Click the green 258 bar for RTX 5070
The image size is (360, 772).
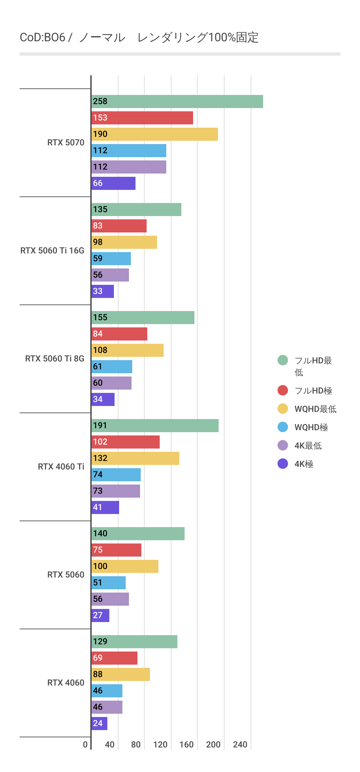[x=177, y=101]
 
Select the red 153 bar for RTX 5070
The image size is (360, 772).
[x=142, y=118]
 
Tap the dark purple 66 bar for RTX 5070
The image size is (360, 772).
[x=113, y=183]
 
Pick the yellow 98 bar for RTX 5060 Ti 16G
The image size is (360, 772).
[x=124, y=242]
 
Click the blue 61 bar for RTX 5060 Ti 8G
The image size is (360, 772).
[x=112, y=367]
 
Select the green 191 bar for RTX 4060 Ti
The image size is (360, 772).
[x=155, y=426]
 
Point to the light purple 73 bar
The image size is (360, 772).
[x=116, y=491]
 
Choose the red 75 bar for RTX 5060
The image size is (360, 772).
[x=116, y=550]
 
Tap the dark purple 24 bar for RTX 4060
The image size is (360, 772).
[x=99, y=724]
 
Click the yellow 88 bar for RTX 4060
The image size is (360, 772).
[x=120, y=674]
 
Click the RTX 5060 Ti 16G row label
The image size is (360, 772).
[x=52, y=250]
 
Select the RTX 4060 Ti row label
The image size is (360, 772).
[x=61, y=467]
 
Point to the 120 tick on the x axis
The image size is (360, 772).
[x=160, y=744]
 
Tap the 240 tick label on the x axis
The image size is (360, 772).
[x=240, y=744]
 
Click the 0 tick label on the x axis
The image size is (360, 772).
[x=85, y=744]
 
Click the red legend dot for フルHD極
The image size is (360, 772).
[x=283, y=390]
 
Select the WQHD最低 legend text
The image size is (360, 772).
[x=315, y=409]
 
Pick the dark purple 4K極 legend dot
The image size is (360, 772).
[x=283, y=464]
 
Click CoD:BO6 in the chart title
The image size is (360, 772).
[x=43, y=38]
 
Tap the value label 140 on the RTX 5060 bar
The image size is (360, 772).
[x=100, y=534]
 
